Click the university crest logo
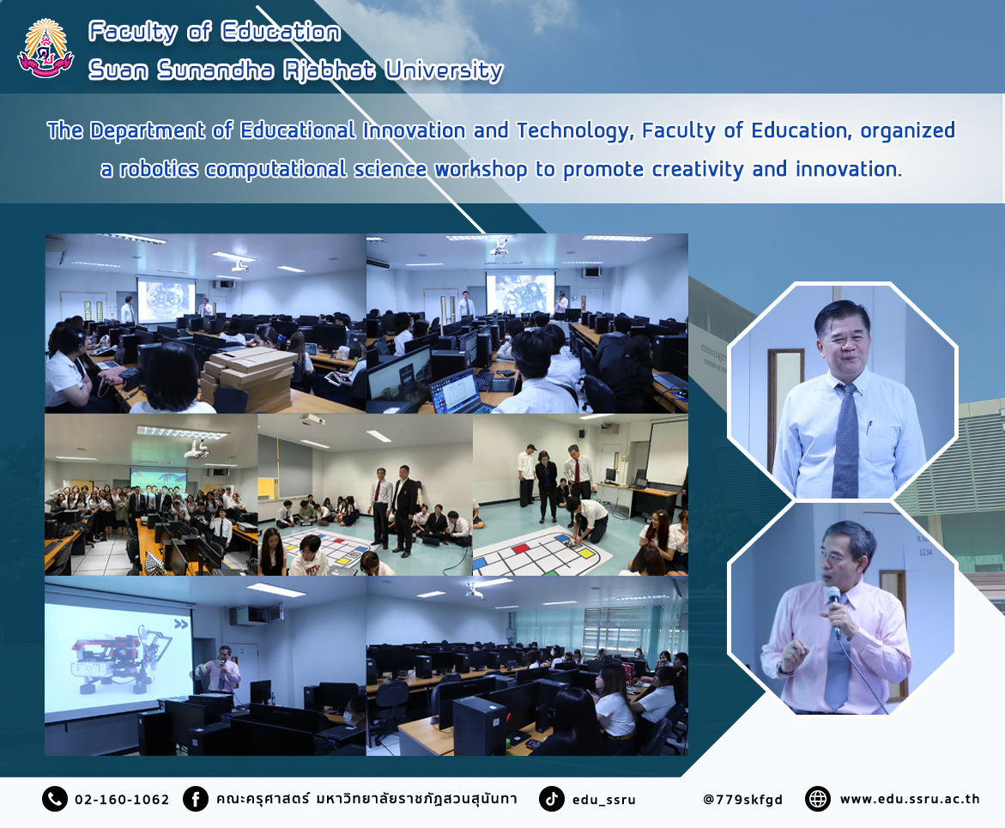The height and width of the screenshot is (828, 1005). [45, 49]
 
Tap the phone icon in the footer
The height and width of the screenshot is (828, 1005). [54, 799]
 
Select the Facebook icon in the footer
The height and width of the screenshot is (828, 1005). [196, 799]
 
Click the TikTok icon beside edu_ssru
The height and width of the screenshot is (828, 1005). [551, 799]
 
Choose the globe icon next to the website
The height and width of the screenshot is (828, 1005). [817, 799]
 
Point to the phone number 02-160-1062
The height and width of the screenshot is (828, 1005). [122, 799]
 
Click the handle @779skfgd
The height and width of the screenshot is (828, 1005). [743, 799]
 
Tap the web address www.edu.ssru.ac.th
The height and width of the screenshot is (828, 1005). [910, 799]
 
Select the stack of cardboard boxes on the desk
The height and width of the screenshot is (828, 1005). [247, 378]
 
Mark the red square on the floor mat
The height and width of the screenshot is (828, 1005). [521, 549]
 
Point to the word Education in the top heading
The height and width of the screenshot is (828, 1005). [281, 32]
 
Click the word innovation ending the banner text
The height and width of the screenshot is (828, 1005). [849, 169]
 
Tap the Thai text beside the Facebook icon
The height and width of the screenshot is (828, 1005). [366, 799]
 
